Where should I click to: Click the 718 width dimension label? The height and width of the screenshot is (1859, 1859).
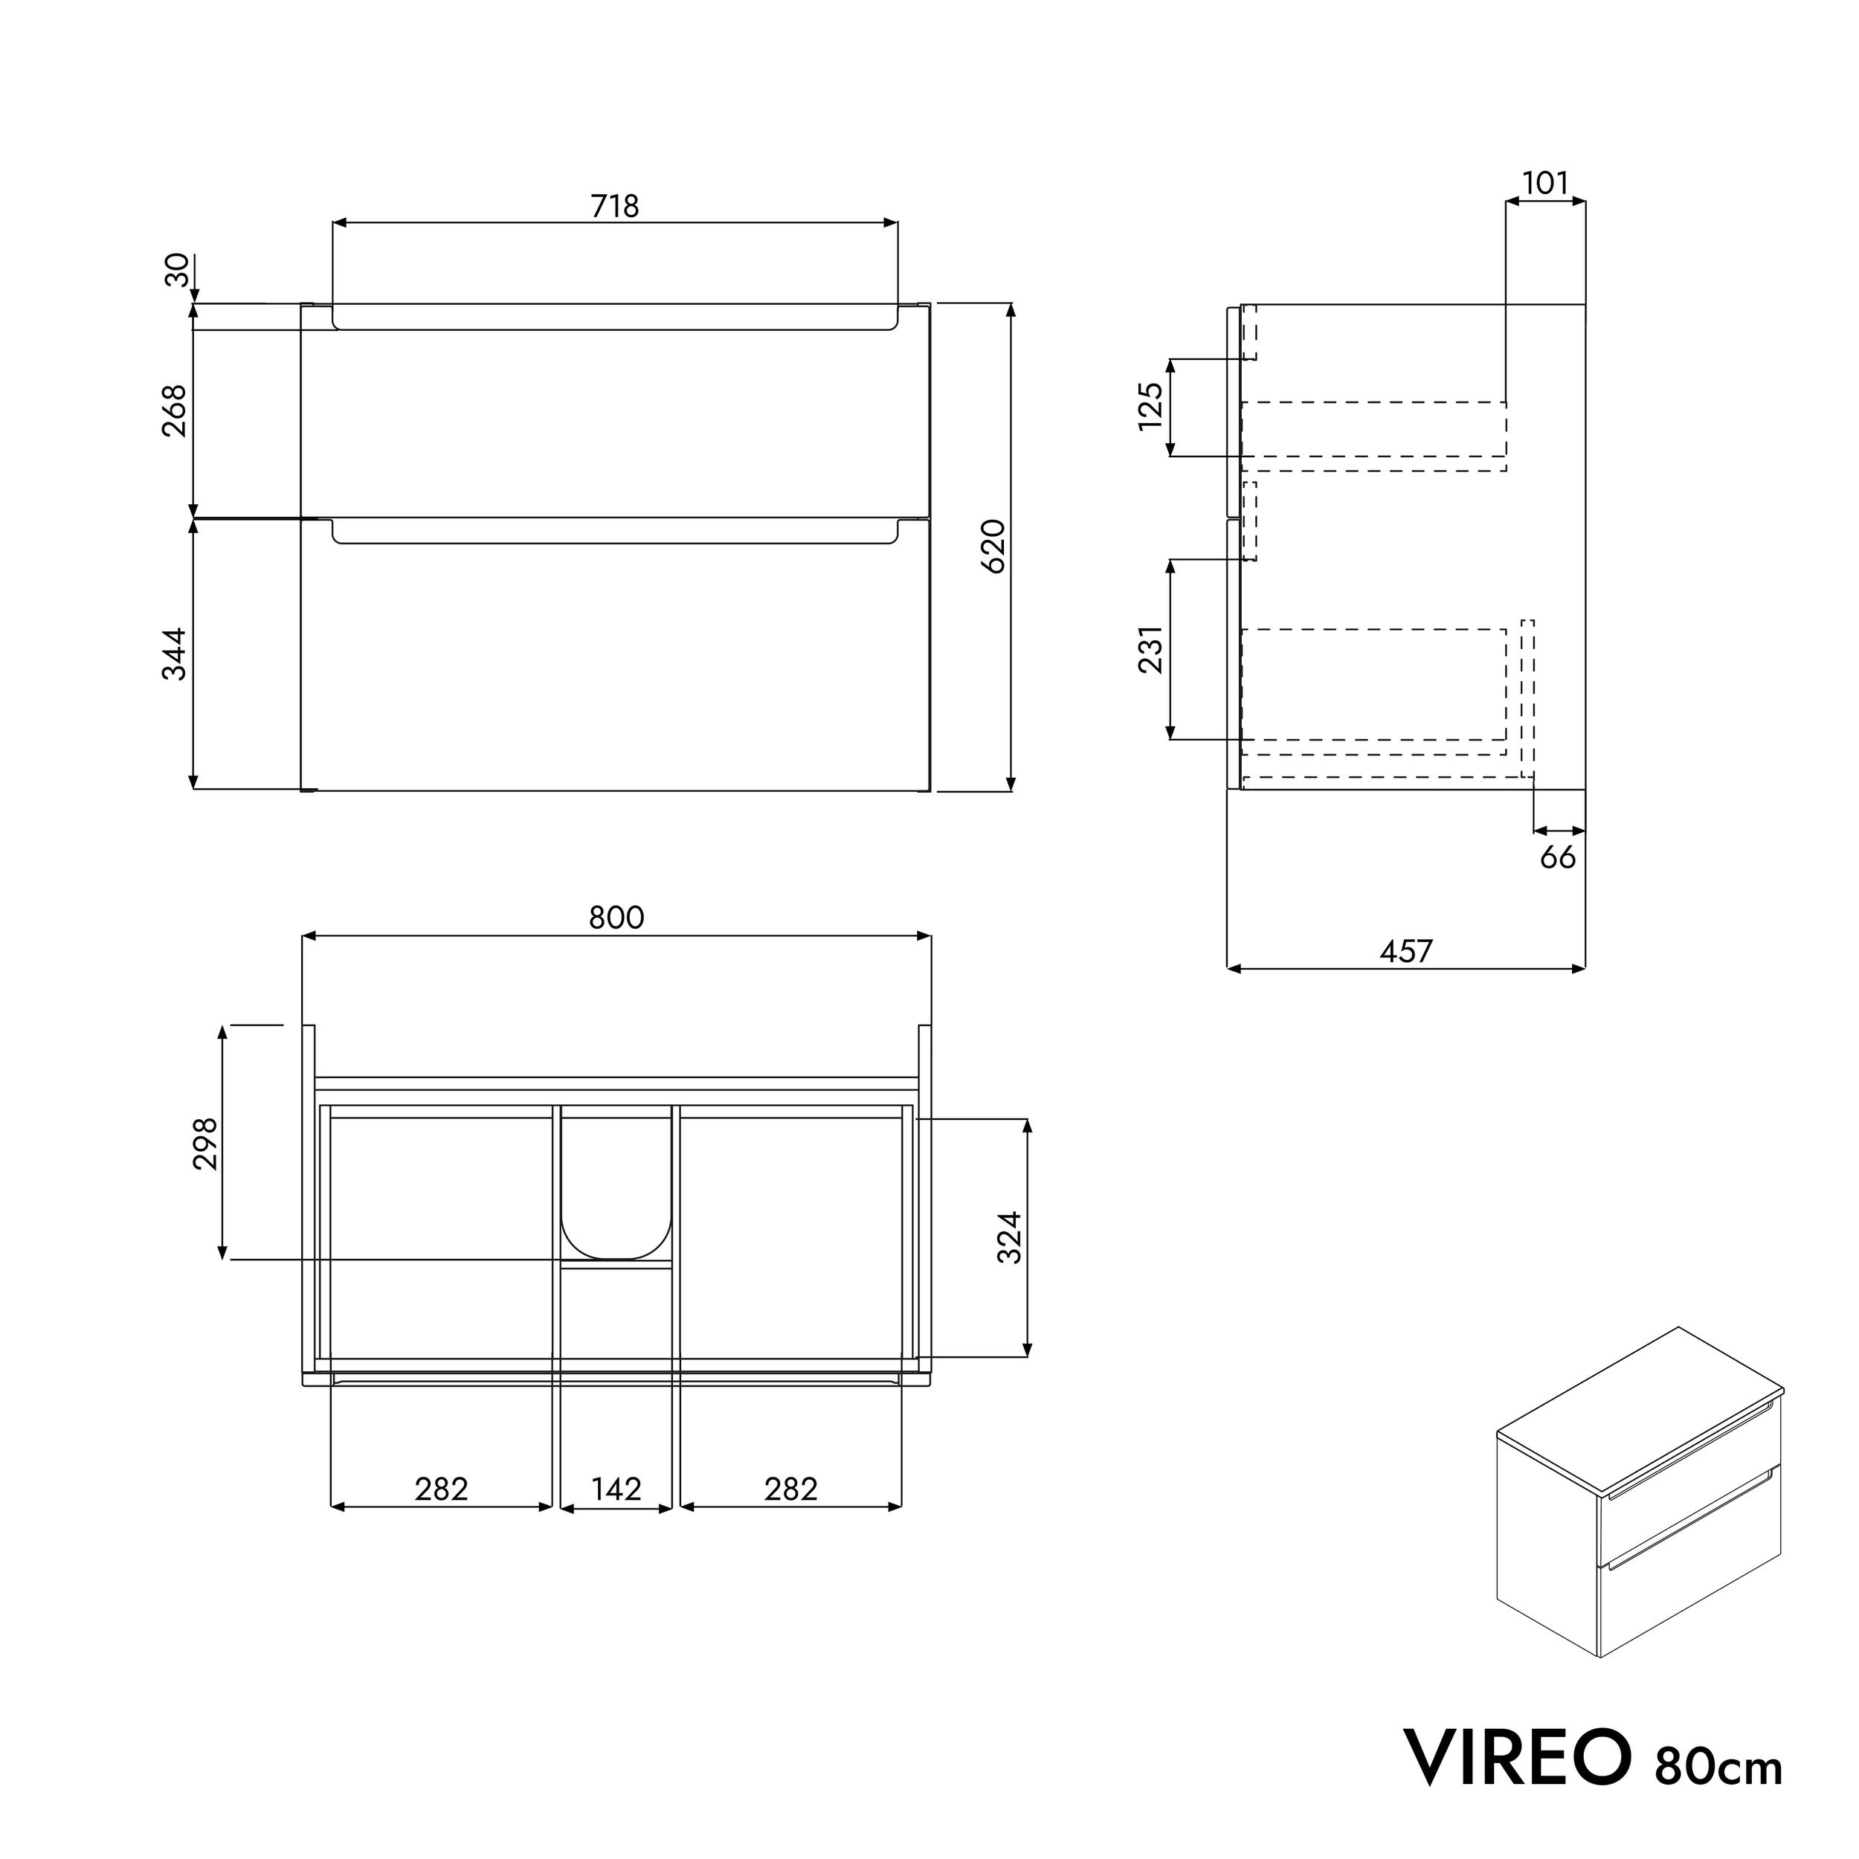[616, 206]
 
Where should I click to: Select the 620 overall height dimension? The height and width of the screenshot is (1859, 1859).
[994, 546]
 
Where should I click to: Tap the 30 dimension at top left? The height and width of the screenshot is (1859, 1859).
[177, 271]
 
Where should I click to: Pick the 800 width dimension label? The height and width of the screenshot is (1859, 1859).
[616, 918]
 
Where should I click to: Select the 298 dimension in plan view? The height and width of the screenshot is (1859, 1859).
[206, 1143]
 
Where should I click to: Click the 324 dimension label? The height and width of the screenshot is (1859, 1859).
[1009, 1237]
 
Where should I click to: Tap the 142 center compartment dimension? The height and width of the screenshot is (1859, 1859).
[616, 1489]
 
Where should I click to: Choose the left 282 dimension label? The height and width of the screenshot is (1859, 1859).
[441, 1489]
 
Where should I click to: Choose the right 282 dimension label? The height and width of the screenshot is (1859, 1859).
[791, 1489]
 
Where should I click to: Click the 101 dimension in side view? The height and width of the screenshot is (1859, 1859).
[1545, 183]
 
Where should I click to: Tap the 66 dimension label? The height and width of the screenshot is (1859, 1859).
[1558, 857]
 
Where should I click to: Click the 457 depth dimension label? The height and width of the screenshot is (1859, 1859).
[1406, 952]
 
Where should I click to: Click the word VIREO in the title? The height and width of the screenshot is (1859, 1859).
[1518, 1758]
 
